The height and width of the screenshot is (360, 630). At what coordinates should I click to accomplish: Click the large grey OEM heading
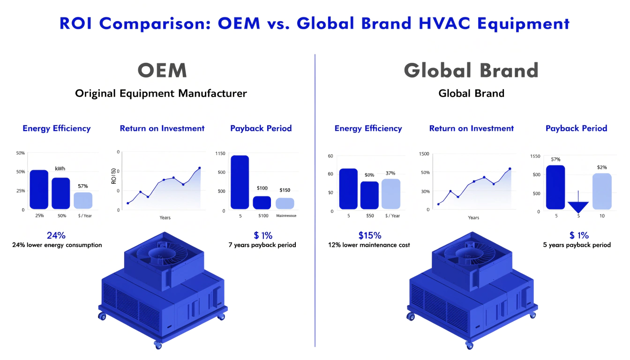(162, 70)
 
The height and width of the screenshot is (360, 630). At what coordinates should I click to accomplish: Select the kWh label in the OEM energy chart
(60, 168)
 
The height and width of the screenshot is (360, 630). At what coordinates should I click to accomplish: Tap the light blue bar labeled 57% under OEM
(83, 200)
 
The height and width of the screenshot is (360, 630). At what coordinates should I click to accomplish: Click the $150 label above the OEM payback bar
(285, 190)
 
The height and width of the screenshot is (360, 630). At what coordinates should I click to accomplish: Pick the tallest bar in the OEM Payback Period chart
(240, 182)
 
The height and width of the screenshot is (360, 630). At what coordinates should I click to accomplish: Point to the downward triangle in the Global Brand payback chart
(578, 206)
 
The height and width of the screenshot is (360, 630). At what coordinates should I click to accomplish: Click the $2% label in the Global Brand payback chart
(602, 167)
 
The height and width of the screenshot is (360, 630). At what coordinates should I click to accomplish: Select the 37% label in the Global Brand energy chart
(390, 173)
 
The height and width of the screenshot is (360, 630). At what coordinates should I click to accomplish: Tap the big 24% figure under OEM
(56, 235)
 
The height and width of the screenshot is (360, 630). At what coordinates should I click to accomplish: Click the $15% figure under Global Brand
(370, 235)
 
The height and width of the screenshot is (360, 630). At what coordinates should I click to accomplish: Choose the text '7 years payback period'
(262, 245)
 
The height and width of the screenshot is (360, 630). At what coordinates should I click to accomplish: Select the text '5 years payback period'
(577, 245)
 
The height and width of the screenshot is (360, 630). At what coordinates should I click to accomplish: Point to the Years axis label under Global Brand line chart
(473, 217)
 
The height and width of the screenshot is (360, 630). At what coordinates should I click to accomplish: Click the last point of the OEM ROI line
(200, 168)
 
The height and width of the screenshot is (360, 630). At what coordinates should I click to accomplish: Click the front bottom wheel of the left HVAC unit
(157, 345)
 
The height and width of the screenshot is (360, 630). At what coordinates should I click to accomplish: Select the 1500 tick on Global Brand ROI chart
(425, 154)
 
